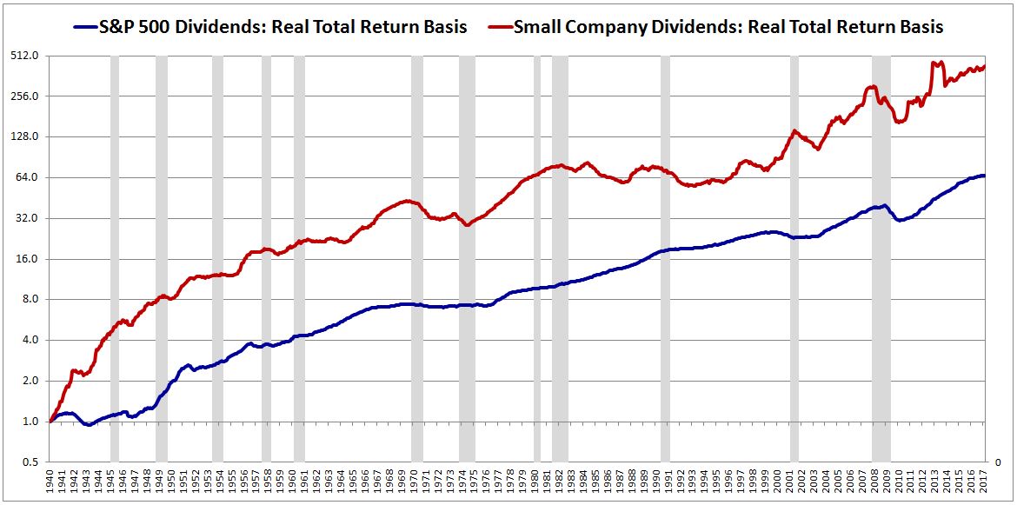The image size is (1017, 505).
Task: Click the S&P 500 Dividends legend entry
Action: (269, 27)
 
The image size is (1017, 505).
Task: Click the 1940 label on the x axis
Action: (50, 484)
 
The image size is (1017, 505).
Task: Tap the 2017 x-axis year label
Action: (982, 484)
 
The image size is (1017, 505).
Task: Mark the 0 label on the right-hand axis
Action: (998, 462)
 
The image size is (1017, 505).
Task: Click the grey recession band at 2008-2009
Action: (881, 261)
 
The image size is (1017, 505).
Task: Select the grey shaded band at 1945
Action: (114, 261)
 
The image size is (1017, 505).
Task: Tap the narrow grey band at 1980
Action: (537, 261)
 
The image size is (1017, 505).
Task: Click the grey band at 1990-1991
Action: (665, 261)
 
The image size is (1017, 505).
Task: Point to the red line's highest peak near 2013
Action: (934, 63)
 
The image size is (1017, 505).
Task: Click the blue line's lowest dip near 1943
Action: (89, 424)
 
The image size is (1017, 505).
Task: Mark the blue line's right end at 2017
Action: (984, 176)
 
